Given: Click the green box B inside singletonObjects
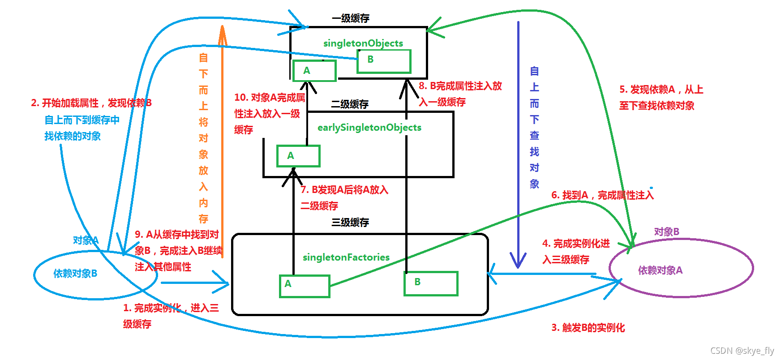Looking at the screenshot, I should tap(384, 61).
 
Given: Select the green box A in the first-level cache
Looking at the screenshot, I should tap(314, 71).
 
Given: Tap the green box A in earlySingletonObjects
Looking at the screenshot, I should tap(298, 156).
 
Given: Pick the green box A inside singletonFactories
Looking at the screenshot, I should tap(305, 286).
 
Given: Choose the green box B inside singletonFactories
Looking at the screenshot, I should tap(431, 283).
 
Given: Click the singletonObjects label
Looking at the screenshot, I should tap(363, 43).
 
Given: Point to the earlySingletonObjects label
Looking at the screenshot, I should tap(369, 128).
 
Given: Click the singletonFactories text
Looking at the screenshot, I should tap(346, 257).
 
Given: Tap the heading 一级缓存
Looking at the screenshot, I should tap(350, 18).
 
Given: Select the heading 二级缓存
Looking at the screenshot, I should tap(349, 104).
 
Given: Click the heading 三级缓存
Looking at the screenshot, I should tap(350, 223).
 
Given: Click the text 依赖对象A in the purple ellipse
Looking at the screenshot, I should tap(660, 270).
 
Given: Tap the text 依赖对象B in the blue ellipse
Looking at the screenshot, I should tap(75, 274).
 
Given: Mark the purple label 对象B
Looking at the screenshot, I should tap(666, 232).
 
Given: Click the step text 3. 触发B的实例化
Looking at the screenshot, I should tap(588, 328).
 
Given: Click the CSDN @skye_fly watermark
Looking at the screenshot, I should tap(742, 351).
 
